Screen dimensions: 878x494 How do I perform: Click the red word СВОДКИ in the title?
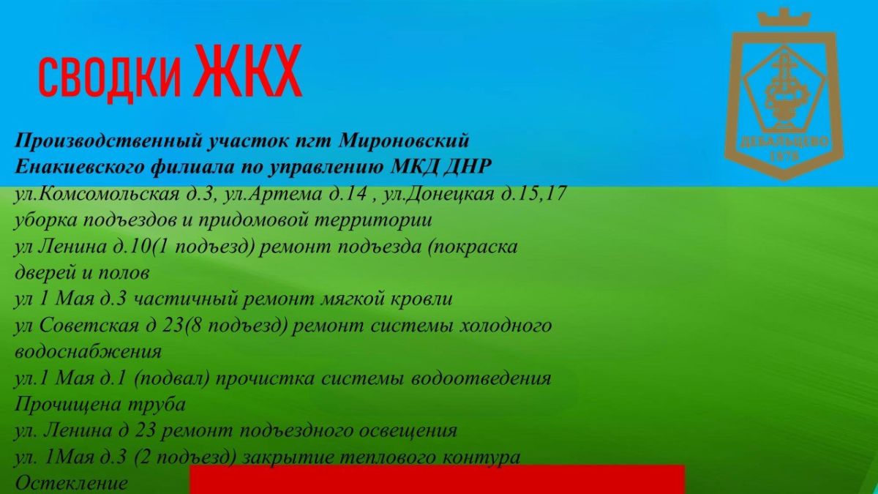click(x=110, y=78)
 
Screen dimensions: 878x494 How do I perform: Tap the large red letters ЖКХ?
click(x=248, y=71)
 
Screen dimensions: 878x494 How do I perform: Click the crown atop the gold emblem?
click(x=784, y=18)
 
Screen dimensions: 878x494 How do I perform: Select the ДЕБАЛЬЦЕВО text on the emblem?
click(x=784, y=141)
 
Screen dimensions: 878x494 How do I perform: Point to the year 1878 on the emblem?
click(x=784, y=157)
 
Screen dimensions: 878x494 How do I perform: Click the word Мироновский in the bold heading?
click(x=404, y=141)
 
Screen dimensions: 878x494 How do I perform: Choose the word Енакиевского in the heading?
click(x=80, y=167)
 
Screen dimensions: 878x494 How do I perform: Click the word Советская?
click(x=89, y=326)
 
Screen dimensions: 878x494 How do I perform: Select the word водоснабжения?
click(x=89, y=352)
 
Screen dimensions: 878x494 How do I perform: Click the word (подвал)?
click(x=170, y=378)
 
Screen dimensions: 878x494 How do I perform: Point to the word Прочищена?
click(x=67, y=405)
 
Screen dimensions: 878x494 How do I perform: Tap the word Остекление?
click(x=72, y=484)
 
